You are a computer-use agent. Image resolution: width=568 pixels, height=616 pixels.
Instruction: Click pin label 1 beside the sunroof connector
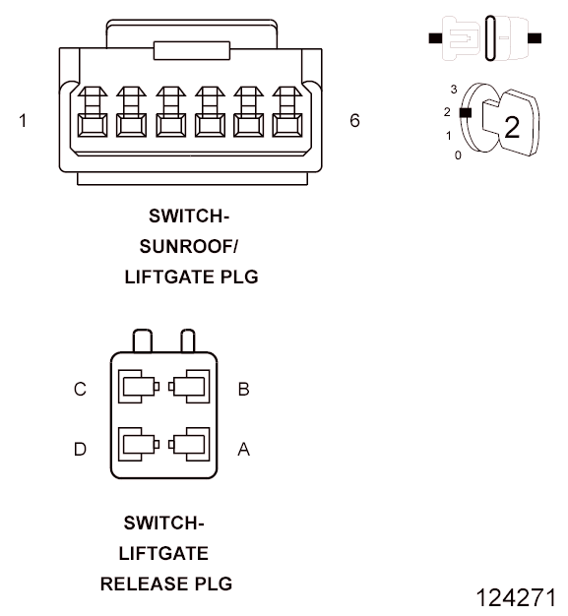[x=23, y=121]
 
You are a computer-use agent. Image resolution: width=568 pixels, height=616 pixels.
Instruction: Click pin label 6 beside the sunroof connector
[x=354, y=121]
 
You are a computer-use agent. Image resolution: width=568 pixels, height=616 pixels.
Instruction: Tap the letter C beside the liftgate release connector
[x=80, y=390]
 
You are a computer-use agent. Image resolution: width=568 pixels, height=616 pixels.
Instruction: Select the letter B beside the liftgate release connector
[x=244, y=390]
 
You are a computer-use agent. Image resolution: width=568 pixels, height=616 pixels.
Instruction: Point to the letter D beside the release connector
[x=80, y=449]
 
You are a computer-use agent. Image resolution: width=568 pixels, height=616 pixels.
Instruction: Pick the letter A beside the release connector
[x=244, y=449]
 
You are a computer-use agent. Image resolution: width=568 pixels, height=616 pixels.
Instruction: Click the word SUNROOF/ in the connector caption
[x=189, y=247]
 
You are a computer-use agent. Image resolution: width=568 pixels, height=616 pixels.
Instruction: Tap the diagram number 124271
[x=517, y=598]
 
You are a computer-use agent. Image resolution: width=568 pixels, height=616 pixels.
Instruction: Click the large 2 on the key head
[x=512, y=127]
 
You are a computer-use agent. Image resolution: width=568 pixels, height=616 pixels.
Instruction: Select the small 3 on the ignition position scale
[x=454, y=90]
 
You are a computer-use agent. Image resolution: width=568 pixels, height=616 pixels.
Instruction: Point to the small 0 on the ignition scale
[x=458, y=155]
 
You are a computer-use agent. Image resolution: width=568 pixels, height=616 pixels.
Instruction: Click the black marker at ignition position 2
[x=466, y=113]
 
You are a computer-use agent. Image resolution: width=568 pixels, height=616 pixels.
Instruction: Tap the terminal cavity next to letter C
[x=139, y=387]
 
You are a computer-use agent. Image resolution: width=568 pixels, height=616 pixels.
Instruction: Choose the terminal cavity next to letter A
[x=189, y=445]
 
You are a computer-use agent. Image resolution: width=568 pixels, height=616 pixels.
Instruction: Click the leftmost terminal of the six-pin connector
[x=93, y=112]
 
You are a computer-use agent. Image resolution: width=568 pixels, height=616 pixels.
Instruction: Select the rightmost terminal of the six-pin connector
[x=287, y=112]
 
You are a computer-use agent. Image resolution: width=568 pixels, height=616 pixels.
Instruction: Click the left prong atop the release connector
[x=143, y=340]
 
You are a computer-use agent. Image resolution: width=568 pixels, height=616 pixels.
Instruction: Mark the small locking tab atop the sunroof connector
[x=192, y=51]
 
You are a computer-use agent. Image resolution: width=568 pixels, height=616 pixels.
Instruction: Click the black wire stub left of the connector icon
[x=435, y=38]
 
